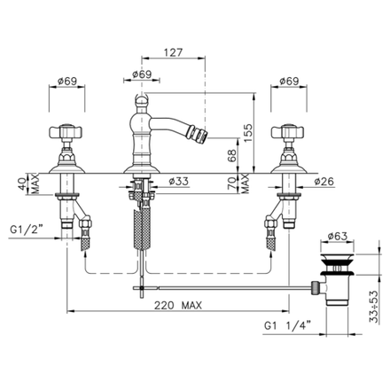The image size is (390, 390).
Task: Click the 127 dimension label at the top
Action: [x=174, y=52]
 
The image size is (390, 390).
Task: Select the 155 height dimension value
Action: [x=248, y=133]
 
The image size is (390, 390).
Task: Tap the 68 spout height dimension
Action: [x=232, y=155]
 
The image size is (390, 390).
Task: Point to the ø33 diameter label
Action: [x=179, y=181]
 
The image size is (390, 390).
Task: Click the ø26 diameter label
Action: [x=324, y=181]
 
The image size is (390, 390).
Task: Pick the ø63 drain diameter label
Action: [x=338, y=236]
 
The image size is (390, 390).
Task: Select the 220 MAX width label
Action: [x=178, y=305]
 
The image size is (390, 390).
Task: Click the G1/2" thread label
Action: [x=27, y=230]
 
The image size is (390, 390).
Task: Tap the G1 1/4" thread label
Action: [x=287, y=325]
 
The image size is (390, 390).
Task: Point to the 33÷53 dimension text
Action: [x=374, y=307]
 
